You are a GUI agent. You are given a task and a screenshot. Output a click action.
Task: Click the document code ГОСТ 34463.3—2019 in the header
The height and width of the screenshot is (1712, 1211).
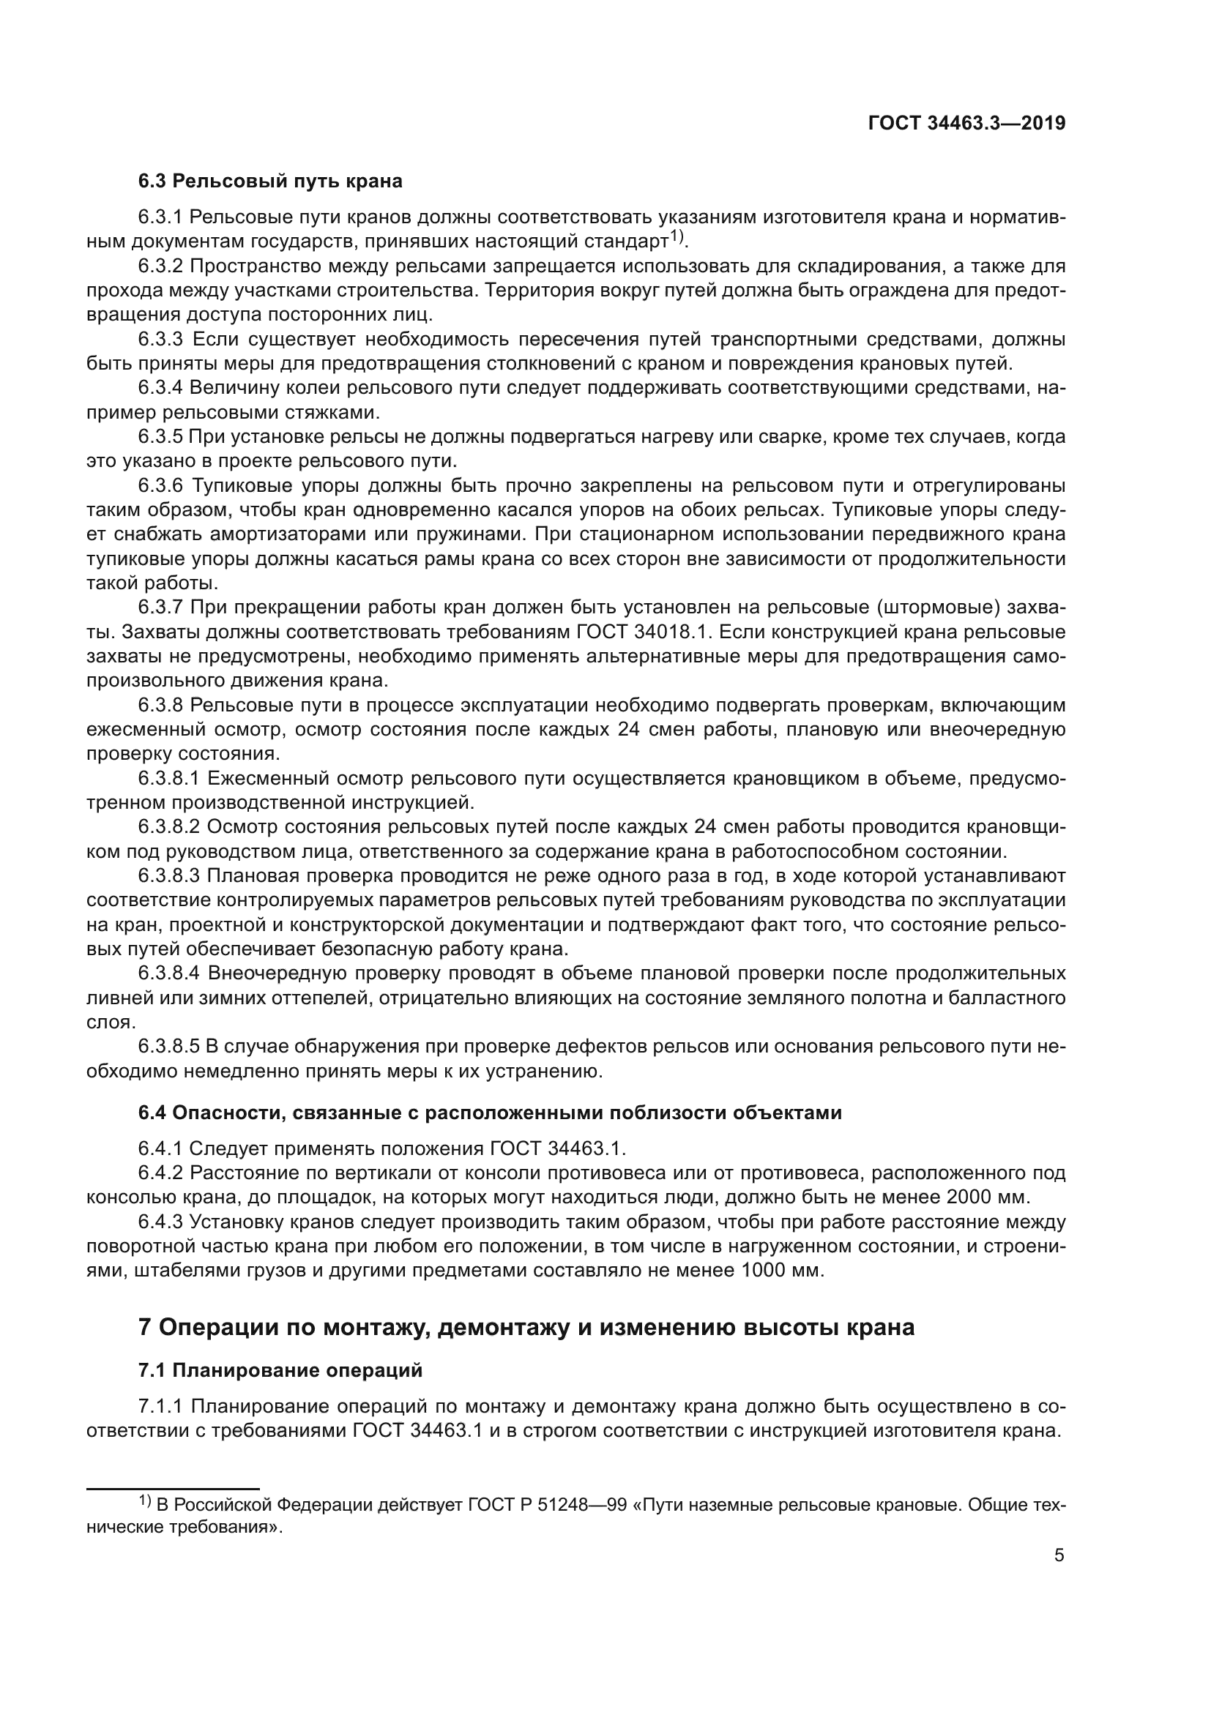coord(966,124)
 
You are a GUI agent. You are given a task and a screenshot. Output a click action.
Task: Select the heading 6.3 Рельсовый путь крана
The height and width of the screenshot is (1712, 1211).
coord(270,182)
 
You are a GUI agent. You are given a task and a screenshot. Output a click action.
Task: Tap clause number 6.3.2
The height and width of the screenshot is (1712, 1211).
coord(160,266)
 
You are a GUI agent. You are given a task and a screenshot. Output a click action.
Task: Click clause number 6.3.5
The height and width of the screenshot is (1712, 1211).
coord(160,437)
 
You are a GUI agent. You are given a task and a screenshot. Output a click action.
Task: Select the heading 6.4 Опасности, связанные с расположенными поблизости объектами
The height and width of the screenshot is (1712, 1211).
coord(490,1113)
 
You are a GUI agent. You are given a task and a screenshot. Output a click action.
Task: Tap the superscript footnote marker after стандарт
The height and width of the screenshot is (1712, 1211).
coord(676,236)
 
